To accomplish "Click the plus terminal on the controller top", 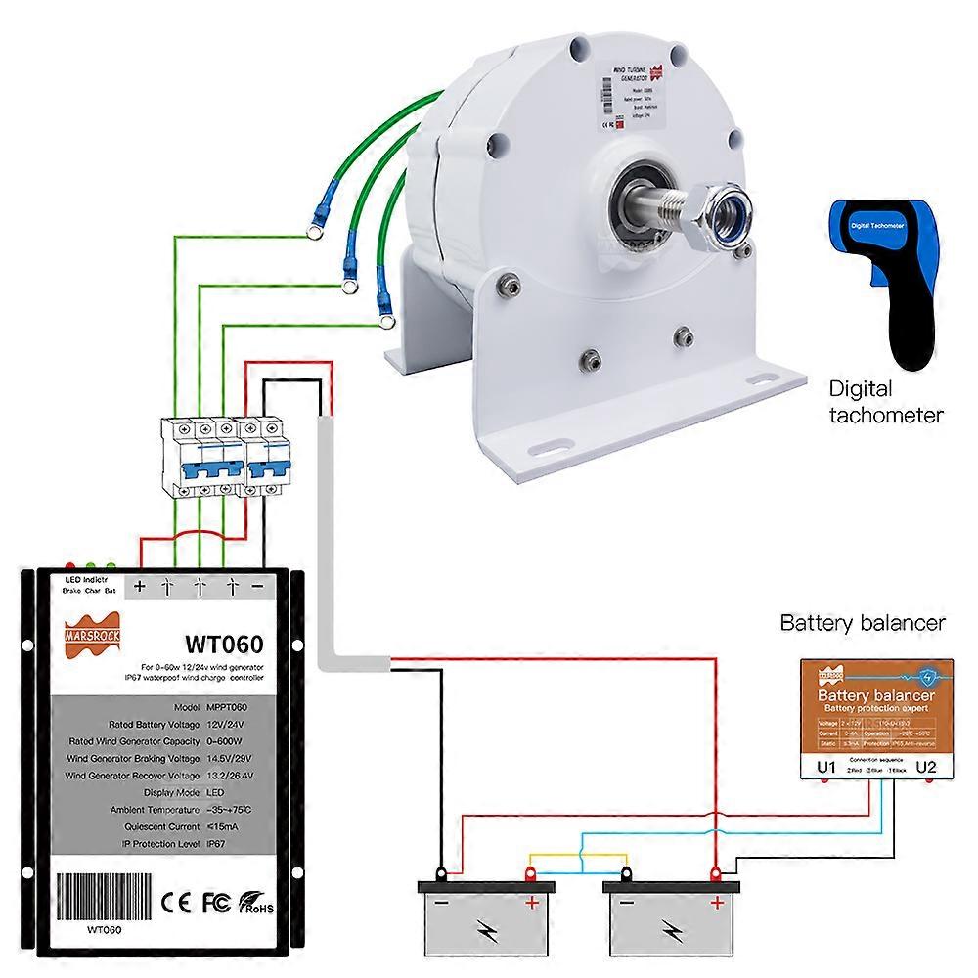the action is tap(139, 587).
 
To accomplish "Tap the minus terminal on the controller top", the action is tap(257, 587).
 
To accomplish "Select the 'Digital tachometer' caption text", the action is tap(886, 402).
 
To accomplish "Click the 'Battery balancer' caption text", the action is tap(863, 623).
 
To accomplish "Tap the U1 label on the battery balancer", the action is tap(826, 768).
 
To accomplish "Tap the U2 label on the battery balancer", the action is tap(927, 768).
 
